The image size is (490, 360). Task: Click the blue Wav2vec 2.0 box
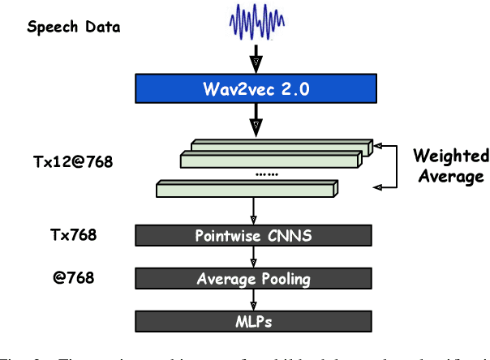point(256,88)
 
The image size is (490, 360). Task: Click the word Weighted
point(450,155)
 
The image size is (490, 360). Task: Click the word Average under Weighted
point(451,176)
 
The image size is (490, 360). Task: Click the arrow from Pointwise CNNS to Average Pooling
point(256,257)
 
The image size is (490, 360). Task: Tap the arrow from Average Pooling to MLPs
point(256,298)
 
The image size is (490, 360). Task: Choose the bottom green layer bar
point(244,190)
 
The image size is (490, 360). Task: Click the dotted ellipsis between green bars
point(266,174)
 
